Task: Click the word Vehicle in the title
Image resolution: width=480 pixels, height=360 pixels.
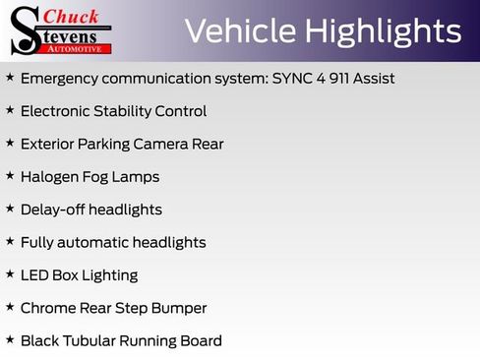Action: pos(240,31)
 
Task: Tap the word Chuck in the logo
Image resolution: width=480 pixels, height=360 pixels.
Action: pos(73,17)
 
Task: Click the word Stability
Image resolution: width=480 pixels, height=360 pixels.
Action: pos(135,111)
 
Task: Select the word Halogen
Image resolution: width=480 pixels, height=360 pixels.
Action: pos(53,177)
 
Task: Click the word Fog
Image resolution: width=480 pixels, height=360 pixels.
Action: pos(106,177)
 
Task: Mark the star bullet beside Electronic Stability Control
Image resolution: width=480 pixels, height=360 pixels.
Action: pos(10,110)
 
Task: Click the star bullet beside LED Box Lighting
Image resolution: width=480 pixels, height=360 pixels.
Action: pos(10,274)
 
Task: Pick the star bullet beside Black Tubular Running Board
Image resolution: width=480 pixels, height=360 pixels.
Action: pos(10,339)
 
